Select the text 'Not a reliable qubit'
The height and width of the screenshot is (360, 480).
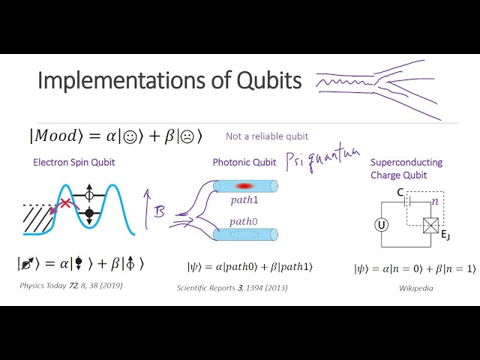267,136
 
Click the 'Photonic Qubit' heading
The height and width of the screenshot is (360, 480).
244,162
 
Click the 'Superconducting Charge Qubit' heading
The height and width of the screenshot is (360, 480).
406,169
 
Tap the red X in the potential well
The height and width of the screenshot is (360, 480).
67,204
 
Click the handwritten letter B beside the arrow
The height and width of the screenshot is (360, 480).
159,213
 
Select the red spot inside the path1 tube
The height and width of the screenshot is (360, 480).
245,186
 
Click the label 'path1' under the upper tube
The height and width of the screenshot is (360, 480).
244,201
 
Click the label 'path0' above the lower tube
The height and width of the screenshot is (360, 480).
244,221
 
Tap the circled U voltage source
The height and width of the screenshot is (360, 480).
381,225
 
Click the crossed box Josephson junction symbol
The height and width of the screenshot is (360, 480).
432,225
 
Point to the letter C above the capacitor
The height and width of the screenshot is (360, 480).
401,193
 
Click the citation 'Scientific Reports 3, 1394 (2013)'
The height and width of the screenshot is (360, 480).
233,287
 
